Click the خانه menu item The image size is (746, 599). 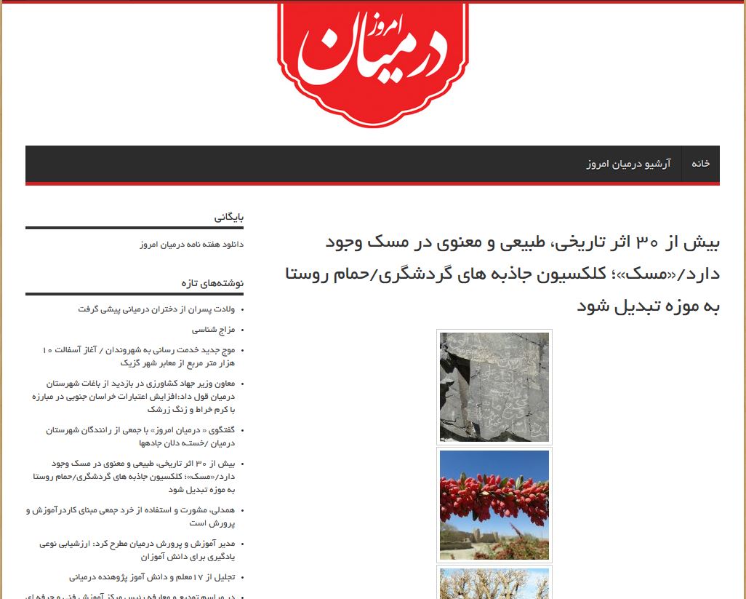coord(700,164)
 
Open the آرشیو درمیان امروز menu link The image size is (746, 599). coord(628,164)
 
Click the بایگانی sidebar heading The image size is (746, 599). coord(229,217)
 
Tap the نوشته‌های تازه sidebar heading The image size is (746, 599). coord(212,282)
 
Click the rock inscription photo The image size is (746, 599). coord(494,386)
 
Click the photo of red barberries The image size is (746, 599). coord(494,504)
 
